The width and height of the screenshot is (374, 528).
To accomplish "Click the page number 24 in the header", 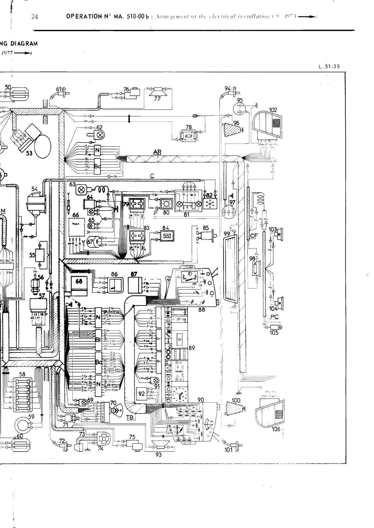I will point(35,17).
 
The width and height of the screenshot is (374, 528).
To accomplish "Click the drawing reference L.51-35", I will point(329,66).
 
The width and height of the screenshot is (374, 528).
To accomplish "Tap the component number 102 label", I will point(273,110).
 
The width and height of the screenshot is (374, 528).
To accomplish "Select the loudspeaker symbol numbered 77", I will point(157,93).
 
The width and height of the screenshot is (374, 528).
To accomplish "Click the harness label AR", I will point(157,152).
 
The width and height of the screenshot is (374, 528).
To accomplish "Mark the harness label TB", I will point(130,417).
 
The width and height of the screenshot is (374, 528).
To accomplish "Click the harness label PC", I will point(275,317).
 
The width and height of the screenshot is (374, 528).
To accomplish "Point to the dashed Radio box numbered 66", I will point(77,227).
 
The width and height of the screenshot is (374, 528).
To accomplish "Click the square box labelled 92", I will point(142,394).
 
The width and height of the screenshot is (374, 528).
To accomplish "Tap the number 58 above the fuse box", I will point(22,374).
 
